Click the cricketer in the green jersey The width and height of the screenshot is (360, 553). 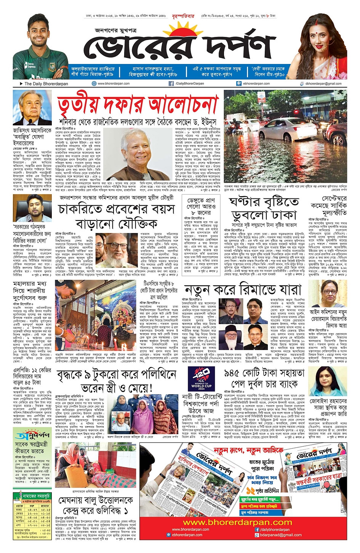(x=34, y=46)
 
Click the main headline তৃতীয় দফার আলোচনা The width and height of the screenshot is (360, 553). (x=138, y=104)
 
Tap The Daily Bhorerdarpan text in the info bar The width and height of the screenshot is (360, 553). (x=46, y=84)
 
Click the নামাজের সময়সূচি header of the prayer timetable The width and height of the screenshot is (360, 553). (x=35, y=496)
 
